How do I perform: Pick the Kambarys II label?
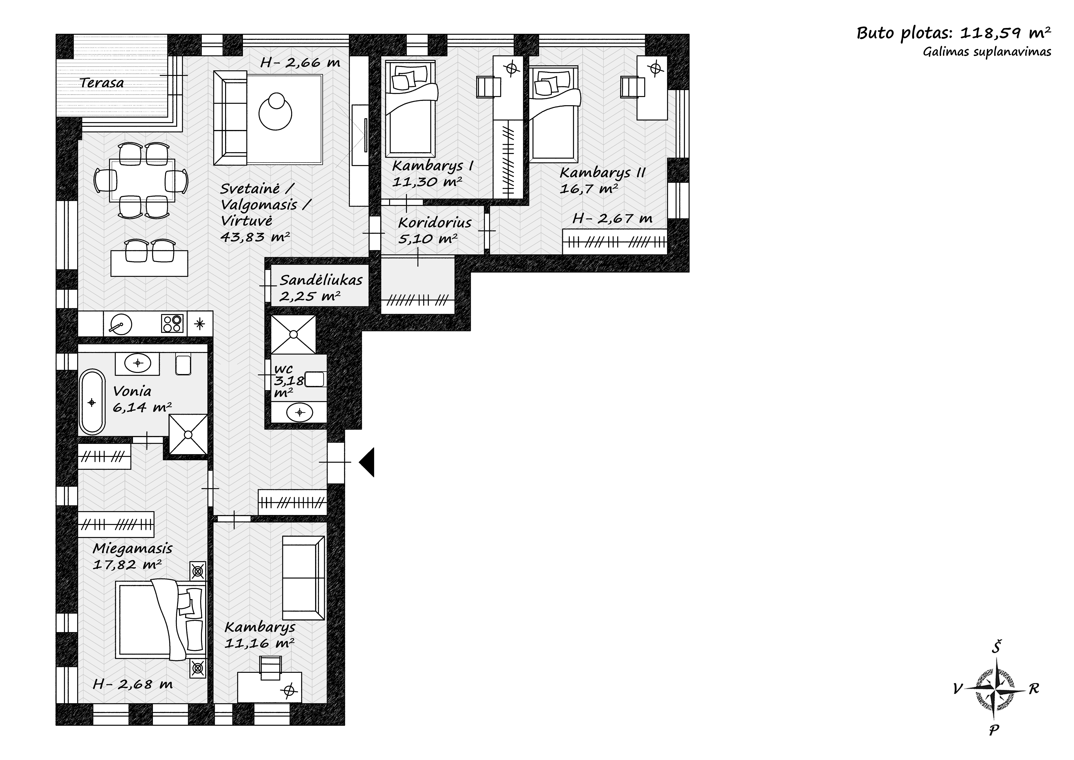point(602,173)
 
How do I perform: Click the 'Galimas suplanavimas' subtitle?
point(987,52)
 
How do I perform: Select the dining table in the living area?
point(142,180)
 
